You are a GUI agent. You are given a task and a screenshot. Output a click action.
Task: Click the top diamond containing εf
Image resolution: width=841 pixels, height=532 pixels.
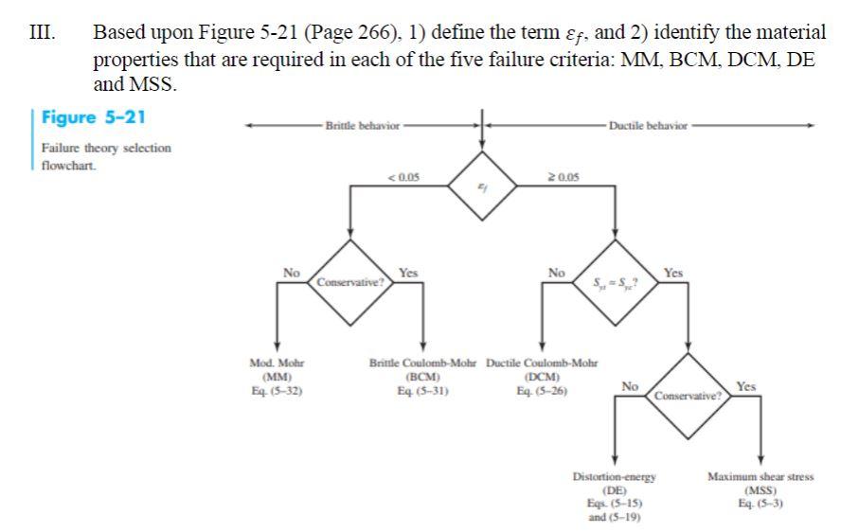click(x=482, y=186)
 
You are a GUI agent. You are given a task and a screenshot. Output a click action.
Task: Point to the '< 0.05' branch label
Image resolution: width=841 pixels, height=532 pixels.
click(x=399, y=175)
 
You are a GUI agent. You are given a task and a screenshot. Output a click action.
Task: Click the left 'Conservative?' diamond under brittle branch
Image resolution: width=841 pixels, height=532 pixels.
click(x=350, y=281)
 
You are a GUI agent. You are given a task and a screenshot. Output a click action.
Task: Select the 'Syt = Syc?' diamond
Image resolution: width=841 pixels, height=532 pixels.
click(x=616, y=281)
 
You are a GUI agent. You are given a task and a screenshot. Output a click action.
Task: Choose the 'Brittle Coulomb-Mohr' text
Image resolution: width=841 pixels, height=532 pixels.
click(x=423, y=363)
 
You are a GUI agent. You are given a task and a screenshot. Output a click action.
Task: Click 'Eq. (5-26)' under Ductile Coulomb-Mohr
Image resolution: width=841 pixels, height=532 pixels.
click(x=541, y=387)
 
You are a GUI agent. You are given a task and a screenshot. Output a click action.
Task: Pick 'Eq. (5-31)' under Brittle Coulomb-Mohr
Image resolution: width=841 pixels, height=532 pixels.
click(x=423, y=387)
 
